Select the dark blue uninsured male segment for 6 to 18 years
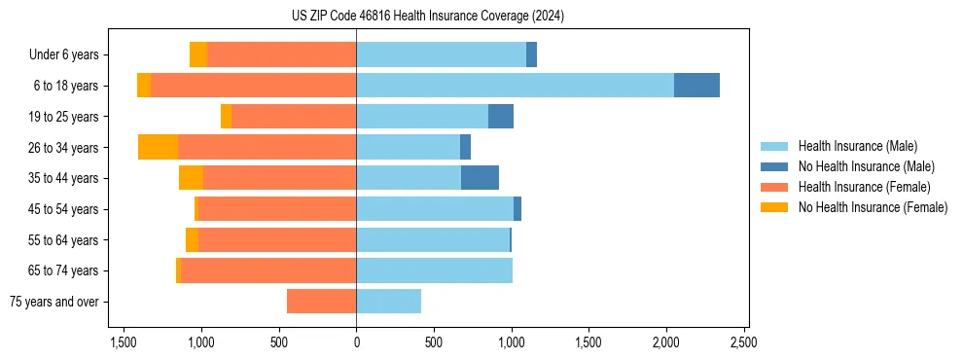pos(696,86)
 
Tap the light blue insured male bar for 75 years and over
pos(388,302)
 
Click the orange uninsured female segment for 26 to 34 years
pos(158,147)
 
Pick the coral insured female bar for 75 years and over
pos(321,302)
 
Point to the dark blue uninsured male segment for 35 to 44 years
pos(480,178)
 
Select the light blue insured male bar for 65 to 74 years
pos(434,270)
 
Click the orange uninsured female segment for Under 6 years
pos(198,54)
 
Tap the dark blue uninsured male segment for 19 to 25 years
pos(501,117)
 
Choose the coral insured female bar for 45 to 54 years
pos(277,209)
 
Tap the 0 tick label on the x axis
pos(356,343)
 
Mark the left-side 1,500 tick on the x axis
pos(124,343)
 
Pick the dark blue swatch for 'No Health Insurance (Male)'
pos(774,166)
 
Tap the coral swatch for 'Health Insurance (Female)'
pos(774,187)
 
